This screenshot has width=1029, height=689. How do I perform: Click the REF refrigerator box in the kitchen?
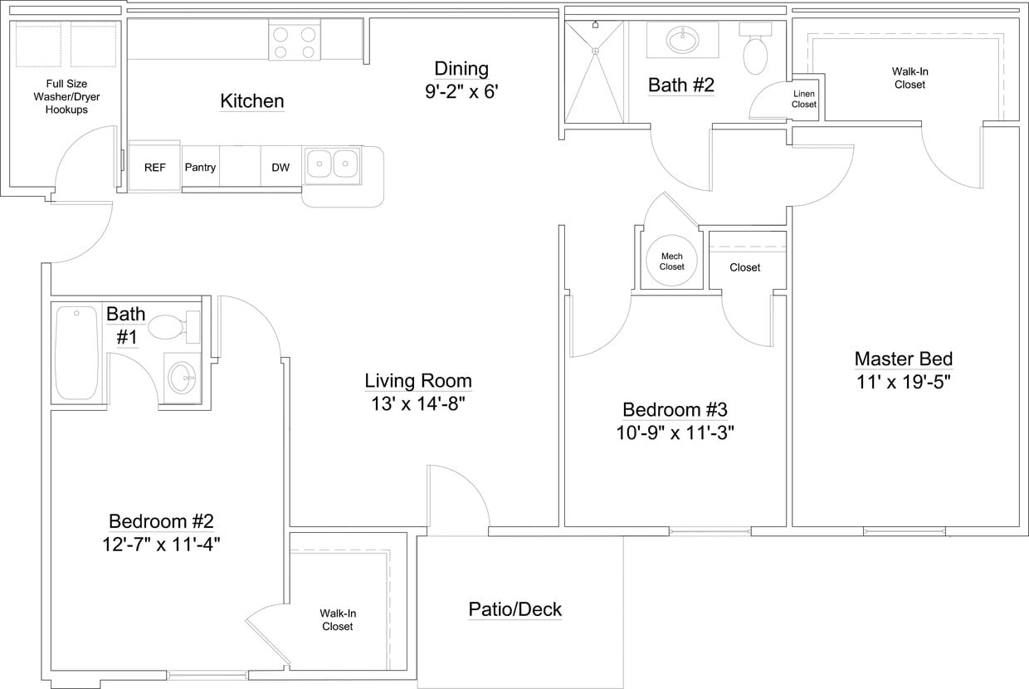155,167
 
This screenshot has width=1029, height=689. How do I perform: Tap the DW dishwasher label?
280,168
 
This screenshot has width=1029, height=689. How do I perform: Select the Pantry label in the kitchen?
200,168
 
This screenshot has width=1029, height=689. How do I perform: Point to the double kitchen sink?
332,165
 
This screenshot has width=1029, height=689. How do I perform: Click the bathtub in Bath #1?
76,353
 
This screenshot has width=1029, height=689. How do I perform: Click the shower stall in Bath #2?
595,72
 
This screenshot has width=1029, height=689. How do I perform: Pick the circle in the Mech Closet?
671,261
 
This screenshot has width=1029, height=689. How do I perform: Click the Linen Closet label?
803,100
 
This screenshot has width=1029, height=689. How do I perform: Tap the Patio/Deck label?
514,609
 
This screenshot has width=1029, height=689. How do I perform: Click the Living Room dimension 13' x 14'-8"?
418,404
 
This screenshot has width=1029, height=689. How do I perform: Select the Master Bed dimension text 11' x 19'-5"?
903,382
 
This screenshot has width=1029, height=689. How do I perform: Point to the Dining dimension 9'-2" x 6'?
461,91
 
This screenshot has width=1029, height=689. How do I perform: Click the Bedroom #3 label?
675,409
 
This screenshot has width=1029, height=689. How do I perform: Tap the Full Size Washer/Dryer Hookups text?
66,96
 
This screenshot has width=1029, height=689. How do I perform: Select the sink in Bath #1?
182,379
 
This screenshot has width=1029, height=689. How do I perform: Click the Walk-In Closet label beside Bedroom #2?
338,620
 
